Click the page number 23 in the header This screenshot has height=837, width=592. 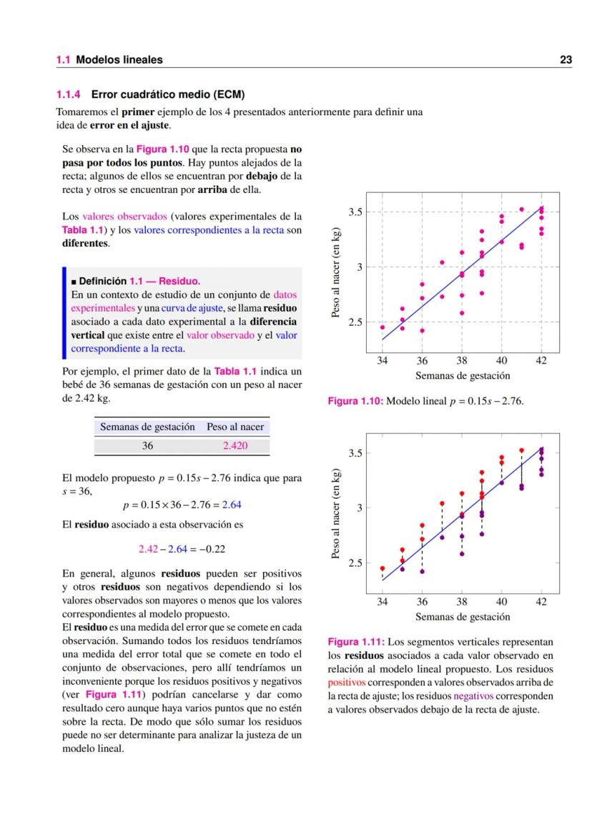(565, 60)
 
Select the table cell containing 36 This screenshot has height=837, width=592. (147, 445)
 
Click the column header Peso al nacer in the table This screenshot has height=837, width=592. (235, 427)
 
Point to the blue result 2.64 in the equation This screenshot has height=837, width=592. (232, 505)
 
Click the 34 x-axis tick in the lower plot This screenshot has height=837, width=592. (382, 602)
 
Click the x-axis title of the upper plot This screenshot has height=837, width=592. (463, 376)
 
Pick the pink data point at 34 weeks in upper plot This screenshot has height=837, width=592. (382, 327)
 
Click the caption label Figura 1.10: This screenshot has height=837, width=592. (355, 402)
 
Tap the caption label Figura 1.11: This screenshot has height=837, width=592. (355, 642)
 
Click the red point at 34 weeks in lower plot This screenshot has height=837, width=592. (382, 568)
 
